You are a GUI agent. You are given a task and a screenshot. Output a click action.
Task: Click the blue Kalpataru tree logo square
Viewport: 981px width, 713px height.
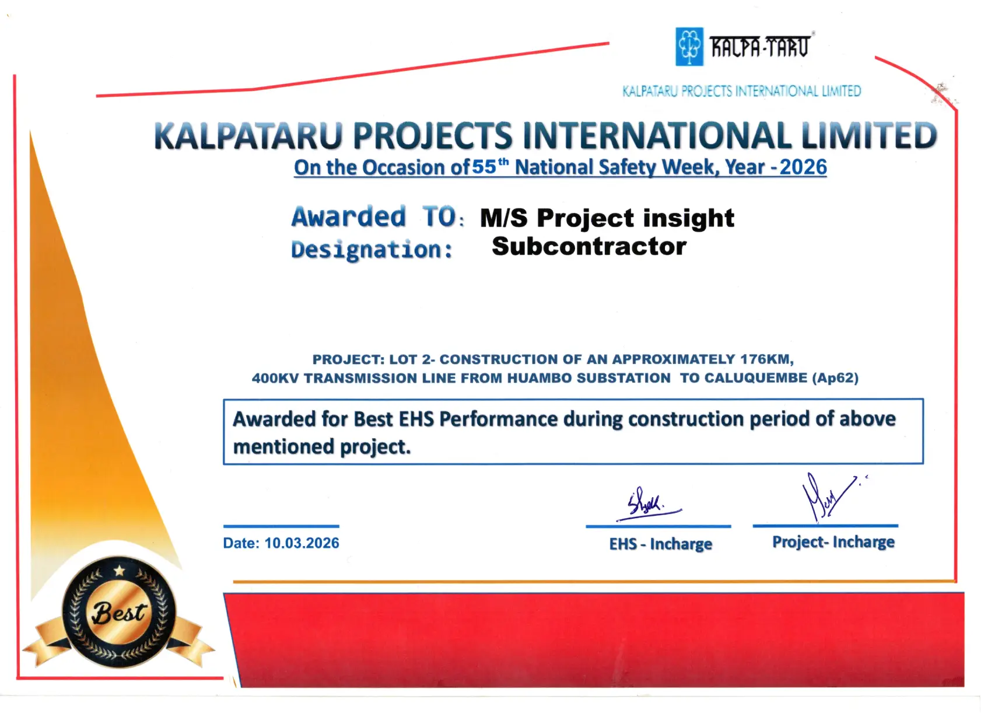coord(689,47)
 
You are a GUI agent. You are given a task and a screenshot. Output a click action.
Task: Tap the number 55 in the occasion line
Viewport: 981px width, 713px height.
coord(484,167)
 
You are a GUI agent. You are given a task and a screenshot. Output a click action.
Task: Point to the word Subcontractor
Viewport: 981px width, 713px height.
coord(589,246)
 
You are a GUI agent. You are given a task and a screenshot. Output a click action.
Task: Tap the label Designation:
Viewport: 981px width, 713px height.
coord(372,250)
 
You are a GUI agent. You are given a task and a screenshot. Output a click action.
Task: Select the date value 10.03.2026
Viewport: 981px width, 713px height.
coord(302,543)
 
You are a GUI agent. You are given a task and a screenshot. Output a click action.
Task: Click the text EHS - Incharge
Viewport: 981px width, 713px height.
coord(661,544)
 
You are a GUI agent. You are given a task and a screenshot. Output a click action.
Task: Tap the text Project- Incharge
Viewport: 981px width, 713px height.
coord(833,542)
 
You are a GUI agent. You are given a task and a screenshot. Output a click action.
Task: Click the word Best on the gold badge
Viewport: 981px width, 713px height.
coord(118,612)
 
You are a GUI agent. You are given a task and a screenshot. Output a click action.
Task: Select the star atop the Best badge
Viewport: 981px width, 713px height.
coord(120,571)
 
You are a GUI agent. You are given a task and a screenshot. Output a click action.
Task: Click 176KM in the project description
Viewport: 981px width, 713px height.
coord(767,359)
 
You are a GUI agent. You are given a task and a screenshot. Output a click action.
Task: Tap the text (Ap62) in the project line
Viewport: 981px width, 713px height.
coord(835,378)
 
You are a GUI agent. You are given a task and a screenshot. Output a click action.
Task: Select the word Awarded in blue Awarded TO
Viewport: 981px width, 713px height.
coord(349,216)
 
